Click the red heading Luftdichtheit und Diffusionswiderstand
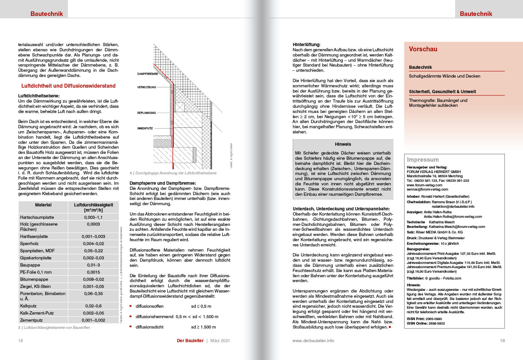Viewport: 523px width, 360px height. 68,86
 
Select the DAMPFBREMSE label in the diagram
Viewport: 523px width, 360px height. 147,74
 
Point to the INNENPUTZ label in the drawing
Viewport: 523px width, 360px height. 145,129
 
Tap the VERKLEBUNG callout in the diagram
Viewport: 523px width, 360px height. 146,87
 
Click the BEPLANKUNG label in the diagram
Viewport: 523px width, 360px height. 146,113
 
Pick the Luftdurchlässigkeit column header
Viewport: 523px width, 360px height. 93,207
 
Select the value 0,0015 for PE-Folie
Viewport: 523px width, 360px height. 93,272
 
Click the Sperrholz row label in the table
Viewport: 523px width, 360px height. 29,244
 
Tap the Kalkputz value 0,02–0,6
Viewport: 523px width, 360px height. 93,306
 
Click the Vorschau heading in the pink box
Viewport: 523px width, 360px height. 423,49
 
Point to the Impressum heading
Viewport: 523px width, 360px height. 423,160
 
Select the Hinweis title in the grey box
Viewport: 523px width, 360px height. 343,144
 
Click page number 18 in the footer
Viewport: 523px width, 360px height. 20,341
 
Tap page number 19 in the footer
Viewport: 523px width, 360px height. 502,341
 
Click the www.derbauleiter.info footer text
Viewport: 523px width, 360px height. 313,341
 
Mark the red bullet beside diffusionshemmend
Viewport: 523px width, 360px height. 131,317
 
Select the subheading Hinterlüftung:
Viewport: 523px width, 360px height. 306,45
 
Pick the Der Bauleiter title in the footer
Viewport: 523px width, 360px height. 190,341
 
